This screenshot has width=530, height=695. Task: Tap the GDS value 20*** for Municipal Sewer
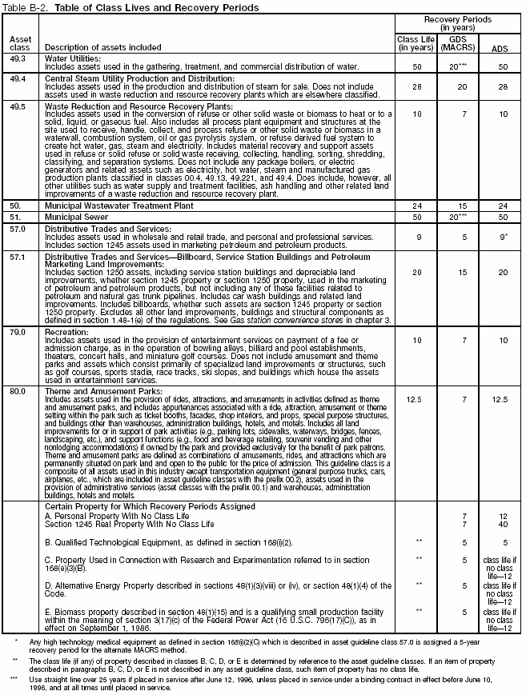pyautogui.click(x=458, y=216)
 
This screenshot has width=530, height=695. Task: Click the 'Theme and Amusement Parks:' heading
pyautogui.click(x=98, y=391)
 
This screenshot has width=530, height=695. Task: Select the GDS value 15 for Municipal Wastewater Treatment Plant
pyautogui.click(x=458, y=205)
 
